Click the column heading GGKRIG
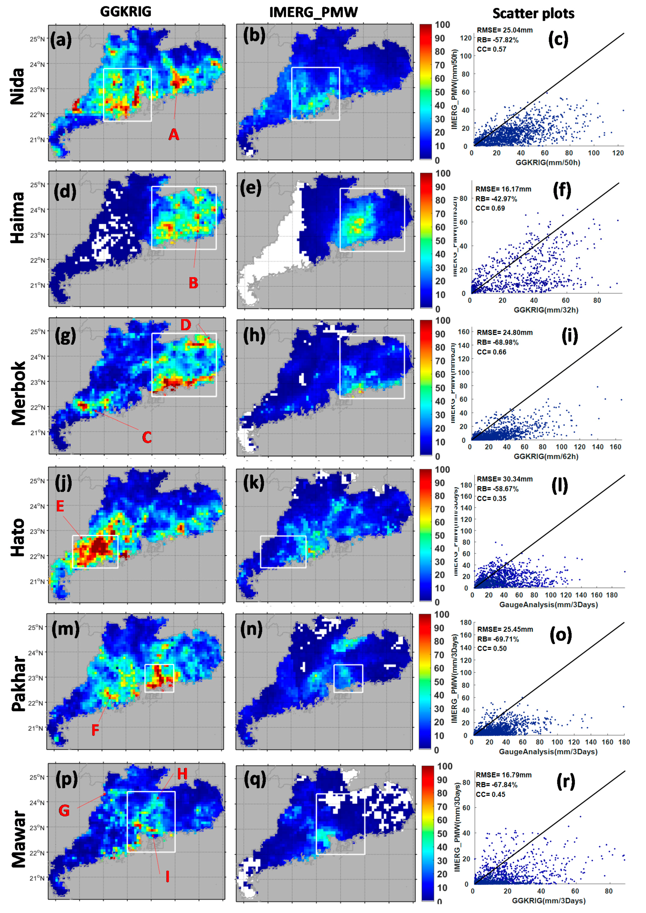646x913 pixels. click(126, 12)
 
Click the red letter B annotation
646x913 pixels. click(193, 283)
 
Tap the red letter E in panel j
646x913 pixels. click(60, 506)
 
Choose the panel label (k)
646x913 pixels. click(252, 483)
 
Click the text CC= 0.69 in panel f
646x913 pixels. click(490, 208)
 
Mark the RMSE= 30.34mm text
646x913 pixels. click(505, 479)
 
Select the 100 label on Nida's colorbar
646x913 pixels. click(442, 25)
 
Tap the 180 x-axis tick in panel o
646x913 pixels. click(624, 742)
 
